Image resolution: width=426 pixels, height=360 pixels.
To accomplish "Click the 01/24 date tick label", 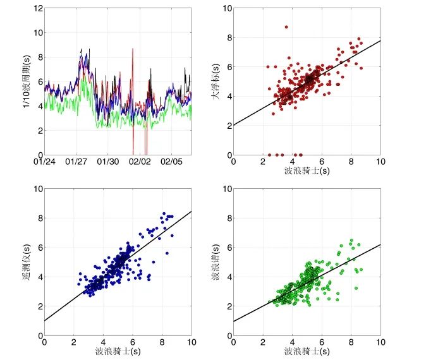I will pyautogui.click(x=44, y=162).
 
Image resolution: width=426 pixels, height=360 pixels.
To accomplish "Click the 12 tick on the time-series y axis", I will pyautogui.click(x=38, y=8).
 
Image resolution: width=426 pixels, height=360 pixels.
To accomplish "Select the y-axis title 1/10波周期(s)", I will pyautogui.click(x=27, y=80).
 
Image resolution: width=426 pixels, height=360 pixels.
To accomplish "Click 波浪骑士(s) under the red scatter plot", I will pyautogui.click(x=307, y=171).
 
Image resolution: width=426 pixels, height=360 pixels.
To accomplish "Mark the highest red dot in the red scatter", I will pyautogui.click(x=286, y=27).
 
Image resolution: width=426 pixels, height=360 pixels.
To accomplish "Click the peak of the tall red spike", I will pyautogui.click(x=133, y=49).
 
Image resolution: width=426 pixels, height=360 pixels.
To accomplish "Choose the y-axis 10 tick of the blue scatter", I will pyautogui.click(x=37, y=189).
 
